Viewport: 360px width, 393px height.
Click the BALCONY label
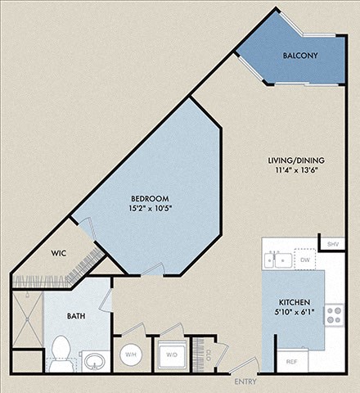click(x=300, y=56)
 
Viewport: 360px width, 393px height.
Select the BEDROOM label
click(x=150, y=199)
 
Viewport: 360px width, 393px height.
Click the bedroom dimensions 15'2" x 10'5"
click(x=150, y=210)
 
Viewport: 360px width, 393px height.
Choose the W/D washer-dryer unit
click(x=173, y=355)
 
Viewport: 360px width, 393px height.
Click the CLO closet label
click(x=208, y=355)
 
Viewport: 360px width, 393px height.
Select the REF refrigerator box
click(x=291, y=359)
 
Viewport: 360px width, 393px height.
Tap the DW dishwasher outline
click(x=305, y=260)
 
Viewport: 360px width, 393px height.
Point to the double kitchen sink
click(x=277, y=260)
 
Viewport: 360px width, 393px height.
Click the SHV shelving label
click(x=332, y=245)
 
